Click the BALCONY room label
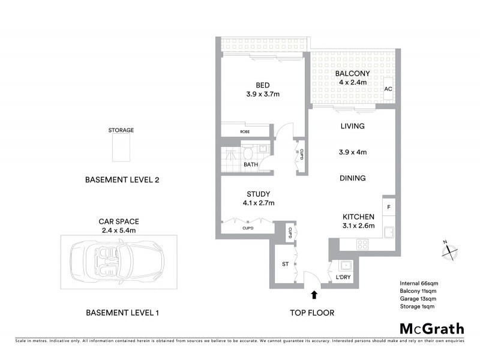pyautogui.click(x=352, y=74)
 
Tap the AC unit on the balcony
pyautogui.click(x=388, y=89)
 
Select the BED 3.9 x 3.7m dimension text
pyautogui.click(x=263, y=94)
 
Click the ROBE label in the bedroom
pyautogui.click(x=245, y=131)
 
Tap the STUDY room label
pyautogui.click(x=258, y=194)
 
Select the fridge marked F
pyautogui.click(x=389, y=207)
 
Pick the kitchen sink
pyautogui.click(x=389, y=231)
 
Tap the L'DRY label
pyautogui.click(x=343, y=277)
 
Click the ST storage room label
pyautogui.click(x=286, y=264)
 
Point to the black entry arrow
pyautogui.click(x=314, y=294)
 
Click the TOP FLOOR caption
pyautogui.click(x=312, y=313)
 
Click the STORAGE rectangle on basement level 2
pyautogui.click(x=121, y=148)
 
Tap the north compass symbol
pyautogui.click(x=449, y=251)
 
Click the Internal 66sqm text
pyautogui.click(x=418, y=283)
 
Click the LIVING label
pyautogui.click(x=352, y=127)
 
